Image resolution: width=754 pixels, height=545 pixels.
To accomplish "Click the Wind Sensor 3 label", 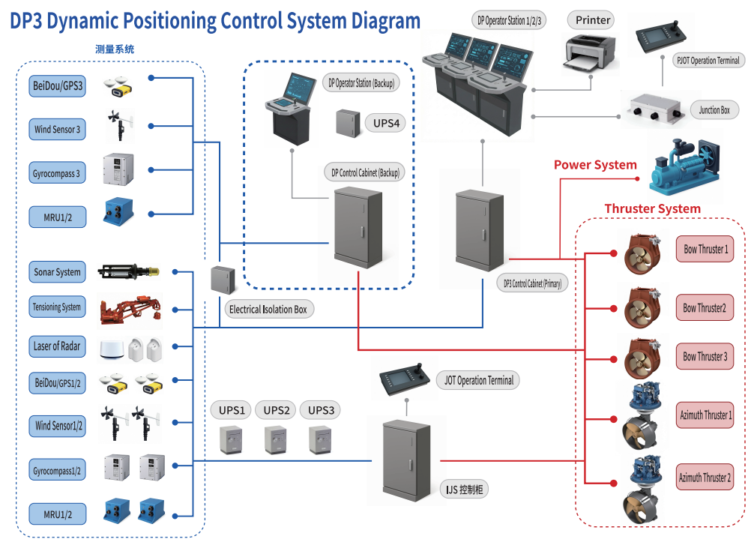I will pos(57,129).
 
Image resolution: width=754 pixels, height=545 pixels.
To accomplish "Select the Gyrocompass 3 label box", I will pos(56,173).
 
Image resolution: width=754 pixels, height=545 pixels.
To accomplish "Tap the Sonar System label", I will pos(57,272).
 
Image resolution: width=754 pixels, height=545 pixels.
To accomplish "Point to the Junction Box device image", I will pos(656,110).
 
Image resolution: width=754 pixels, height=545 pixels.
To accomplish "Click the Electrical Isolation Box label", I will pos(268,309).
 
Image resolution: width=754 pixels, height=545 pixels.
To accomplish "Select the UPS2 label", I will pos(276,410).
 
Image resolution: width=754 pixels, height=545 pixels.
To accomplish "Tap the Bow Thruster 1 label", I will pos(705,249).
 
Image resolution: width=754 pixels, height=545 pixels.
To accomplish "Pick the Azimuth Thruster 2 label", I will pos(705,477).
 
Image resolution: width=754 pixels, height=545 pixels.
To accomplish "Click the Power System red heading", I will pos(595,165).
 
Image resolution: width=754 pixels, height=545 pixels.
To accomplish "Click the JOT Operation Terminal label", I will pos(479,380).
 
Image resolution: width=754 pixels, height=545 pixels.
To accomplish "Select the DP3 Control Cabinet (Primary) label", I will pos(533,283).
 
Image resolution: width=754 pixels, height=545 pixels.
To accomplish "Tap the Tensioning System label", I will pos(57,307).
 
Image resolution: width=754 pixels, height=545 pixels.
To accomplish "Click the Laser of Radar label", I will pos(57,346).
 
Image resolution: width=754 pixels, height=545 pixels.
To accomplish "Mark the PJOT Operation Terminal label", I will pos(708,60).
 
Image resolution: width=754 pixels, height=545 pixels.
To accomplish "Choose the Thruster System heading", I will pos(652,208).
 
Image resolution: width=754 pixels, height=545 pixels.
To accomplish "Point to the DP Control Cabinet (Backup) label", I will pos(366,172).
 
